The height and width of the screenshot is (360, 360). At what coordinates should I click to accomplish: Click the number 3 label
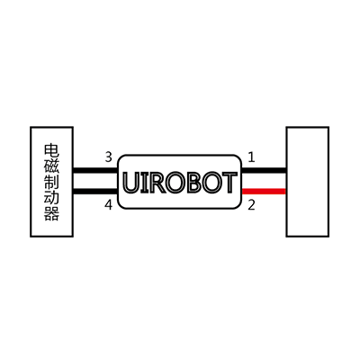point(109,157)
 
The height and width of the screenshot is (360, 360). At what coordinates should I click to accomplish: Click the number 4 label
point(108,205)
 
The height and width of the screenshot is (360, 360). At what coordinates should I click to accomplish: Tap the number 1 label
point(251,157)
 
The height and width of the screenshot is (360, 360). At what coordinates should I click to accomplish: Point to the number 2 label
point(251,205)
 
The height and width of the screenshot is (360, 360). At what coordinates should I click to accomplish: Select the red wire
point(264,191)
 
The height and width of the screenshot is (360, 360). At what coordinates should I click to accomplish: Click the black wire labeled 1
point(264,170)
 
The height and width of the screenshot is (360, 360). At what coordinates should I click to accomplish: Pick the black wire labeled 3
point(95,170)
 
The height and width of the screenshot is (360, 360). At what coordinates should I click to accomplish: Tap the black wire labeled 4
point(95,192)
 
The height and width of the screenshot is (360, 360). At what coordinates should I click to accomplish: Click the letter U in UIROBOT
point(131,183)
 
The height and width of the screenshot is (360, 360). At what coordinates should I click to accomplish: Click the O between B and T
point(212,183)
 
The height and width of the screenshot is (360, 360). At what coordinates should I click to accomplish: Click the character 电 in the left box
point(52,151)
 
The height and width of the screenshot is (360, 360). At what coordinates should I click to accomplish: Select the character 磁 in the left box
point(52,166)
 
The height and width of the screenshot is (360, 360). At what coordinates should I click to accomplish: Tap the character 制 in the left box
point(52,182)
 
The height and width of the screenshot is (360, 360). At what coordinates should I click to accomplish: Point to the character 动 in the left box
point(52,198)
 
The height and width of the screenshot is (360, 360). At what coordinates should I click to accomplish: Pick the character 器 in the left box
point(52,213)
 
